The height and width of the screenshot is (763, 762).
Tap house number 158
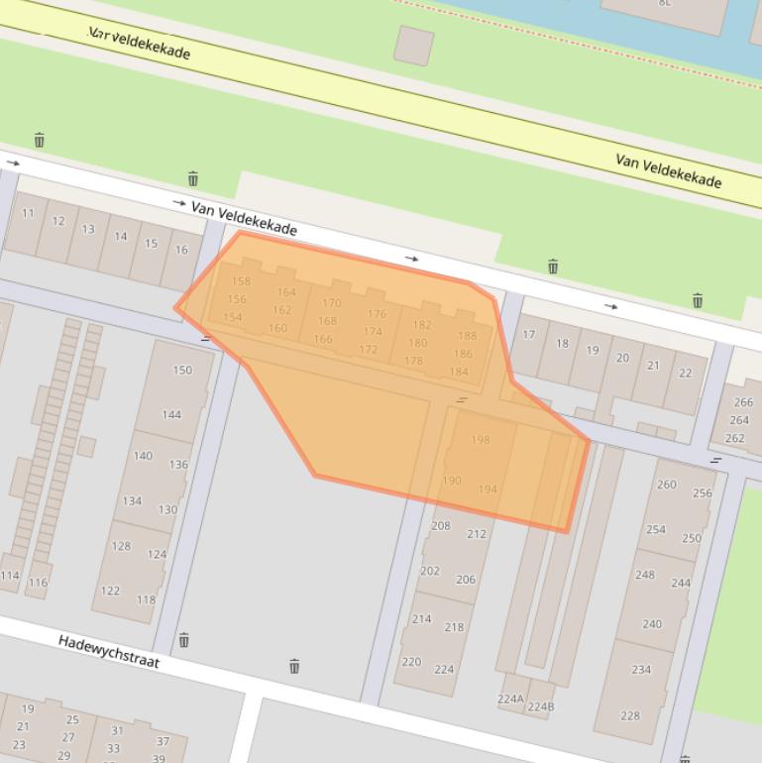point(241,281)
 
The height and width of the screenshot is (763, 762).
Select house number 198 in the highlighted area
point(481,440)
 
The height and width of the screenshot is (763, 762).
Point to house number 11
point(28,213)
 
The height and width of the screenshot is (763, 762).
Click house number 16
point(181,250)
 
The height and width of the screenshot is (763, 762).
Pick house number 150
point(182,371)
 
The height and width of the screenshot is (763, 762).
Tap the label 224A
point(510,699)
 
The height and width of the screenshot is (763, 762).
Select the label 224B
point(541,707)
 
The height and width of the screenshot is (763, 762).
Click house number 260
point(667,485)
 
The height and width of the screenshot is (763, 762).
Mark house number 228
point(630,715)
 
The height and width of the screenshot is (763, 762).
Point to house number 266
point(743,402)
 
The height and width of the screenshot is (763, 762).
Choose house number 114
point(10,576)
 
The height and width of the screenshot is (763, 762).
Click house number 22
point(685,374)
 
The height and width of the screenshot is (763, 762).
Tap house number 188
point(467,336)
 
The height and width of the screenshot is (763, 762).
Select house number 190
point(452,481)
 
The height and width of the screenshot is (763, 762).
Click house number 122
point(110,591)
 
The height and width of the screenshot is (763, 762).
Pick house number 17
point(529,335)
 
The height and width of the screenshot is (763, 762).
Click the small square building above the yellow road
point(414,46)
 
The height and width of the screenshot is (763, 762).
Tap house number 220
point(411,662)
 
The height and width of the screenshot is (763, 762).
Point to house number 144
point(171,414)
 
